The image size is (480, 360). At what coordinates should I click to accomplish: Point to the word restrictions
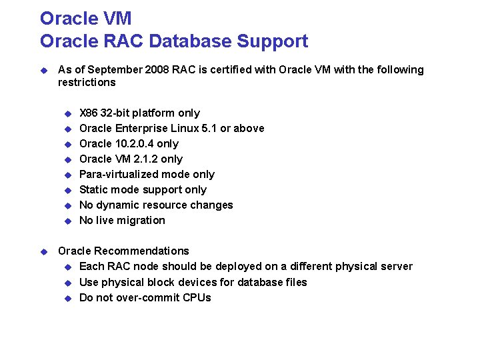(87, 82)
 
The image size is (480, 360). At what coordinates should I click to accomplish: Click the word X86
(88, 113)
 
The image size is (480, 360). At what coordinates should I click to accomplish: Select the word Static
(94, 189)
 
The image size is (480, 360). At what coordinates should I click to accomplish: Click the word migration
(143, 220)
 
